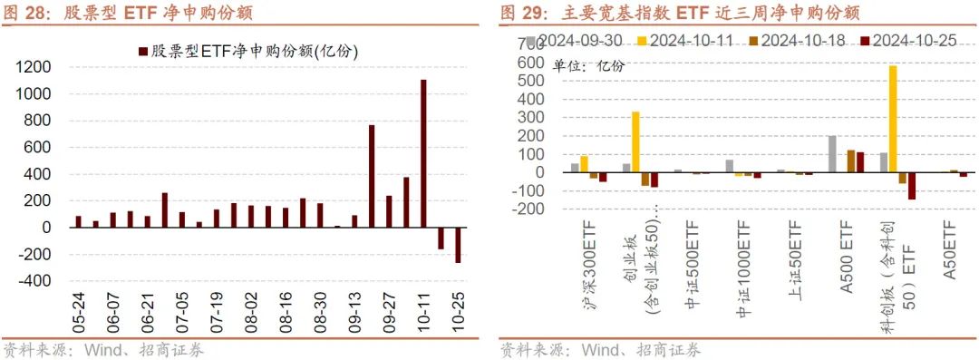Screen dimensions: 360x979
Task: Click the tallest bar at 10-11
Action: point(423,153)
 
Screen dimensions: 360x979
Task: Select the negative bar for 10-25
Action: point(458,245)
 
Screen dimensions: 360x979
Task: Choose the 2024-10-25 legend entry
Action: point(910,42)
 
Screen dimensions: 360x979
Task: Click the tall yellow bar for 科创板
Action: point(893,119)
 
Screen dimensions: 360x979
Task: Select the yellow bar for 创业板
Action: point(635,142)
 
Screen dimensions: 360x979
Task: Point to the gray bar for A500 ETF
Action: point(832,154)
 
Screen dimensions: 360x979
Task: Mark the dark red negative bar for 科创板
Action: point(911,186)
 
